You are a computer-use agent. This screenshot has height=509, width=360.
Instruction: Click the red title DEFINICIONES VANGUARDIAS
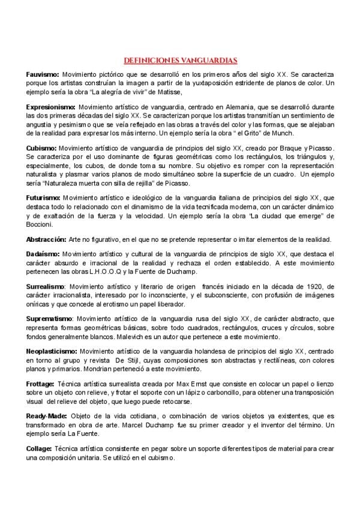pos(180,60)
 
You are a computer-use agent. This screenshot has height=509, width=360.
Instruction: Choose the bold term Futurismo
pos(42,197)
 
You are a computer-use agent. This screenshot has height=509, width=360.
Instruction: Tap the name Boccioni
pos(40,224)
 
